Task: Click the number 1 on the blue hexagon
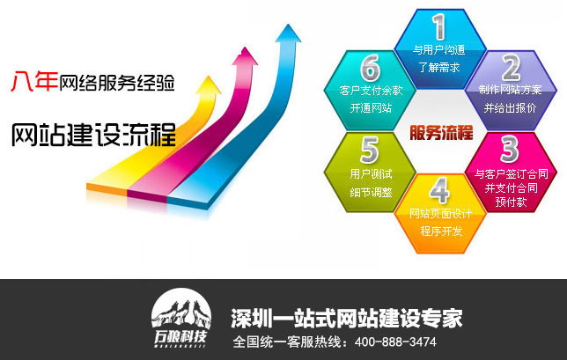click(439, 26)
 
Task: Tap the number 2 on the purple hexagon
click(511, 67)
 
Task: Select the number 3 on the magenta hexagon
click(510, 149)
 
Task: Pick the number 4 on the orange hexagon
click(439, 190)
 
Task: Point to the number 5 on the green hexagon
click(369, 150)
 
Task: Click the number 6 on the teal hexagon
click(370, 68)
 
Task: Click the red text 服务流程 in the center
click(441, 132)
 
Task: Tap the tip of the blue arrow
click(288, 25)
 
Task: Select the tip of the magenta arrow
click(245, 48)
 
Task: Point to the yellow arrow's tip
click(208, 77)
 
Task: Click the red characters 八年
click(34, 81)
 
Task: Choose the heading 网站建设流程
click(93, 135)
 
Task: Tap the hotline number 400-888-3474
click(395, 342)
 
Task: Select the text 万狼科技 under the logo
click(180, 338)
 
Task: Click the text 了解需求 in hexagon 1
click(439, 67)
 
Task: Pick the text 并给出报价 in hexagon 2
click(510, 107)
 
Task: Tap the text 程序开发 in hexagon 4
click(441, 231)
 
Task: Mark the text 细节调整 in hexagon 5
click(371, 192)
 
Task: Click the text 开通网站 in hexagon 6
click(371, 107)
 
